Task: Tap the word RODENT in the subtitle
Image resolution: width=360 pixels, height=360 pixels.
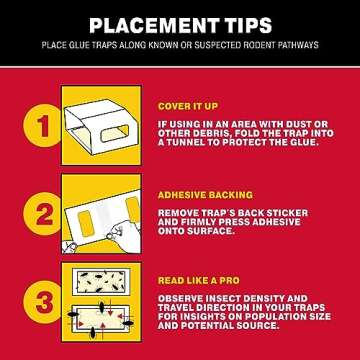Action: [247, 45]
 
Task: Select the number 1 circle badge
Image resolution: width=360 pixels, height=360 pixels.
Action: [42, 126]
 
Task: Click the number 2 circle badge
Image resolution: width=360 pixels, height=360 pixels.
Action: [42, 214]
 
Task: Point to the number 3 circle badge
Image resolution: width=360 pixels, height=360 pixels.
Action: [42, 302]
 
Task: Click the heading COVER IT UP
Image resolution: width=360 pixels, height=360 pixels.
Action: [188, 106]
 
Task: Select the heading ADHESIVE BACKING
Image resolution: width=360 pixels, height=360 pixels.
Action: [205, 195]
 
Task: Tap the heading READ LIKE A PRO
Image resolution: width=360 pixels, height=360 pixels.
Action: [199, 280]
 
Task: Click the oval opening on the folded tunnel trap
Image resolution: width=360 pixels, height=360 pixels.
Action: [114, 133]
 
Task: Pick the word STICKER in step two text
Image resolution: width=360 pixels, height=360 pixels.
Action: [289, 213]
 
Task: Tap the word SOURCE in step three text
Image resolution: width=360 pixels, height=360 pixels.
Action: [257, 325]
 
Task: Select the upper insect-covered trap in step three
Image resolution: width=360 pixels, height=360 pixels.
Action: [101, 282]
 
